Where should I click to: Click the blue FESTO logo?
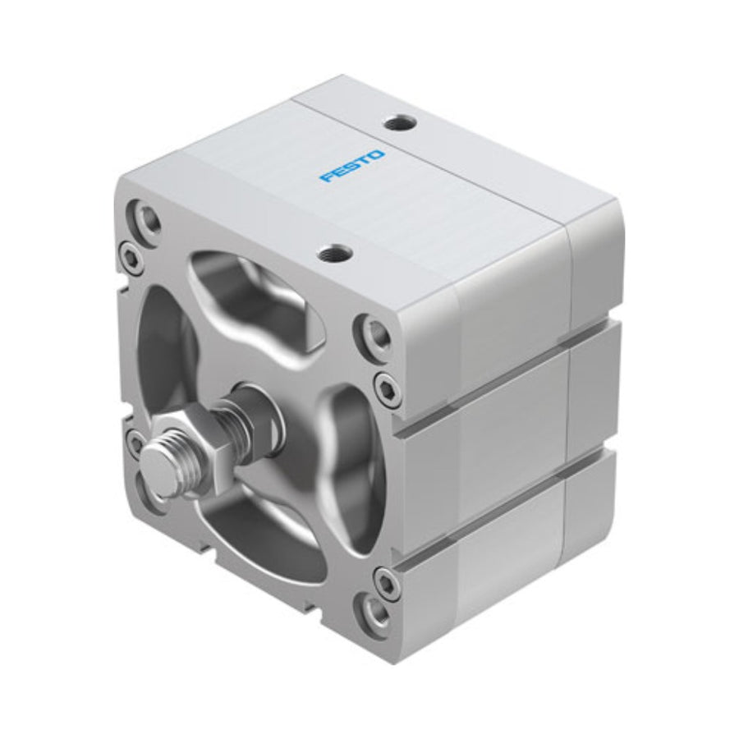[352, 167]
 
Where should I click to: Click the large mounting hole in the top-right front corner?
[375, 333]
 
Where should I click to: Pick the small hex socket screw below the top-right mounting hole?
[385, 388]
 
